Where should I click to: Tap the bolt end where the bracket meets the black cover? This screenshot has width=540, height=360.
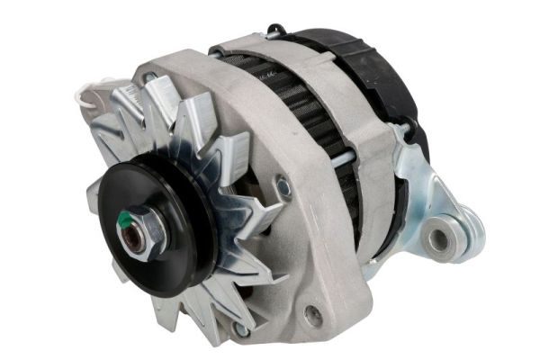[x=403, y=132]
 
